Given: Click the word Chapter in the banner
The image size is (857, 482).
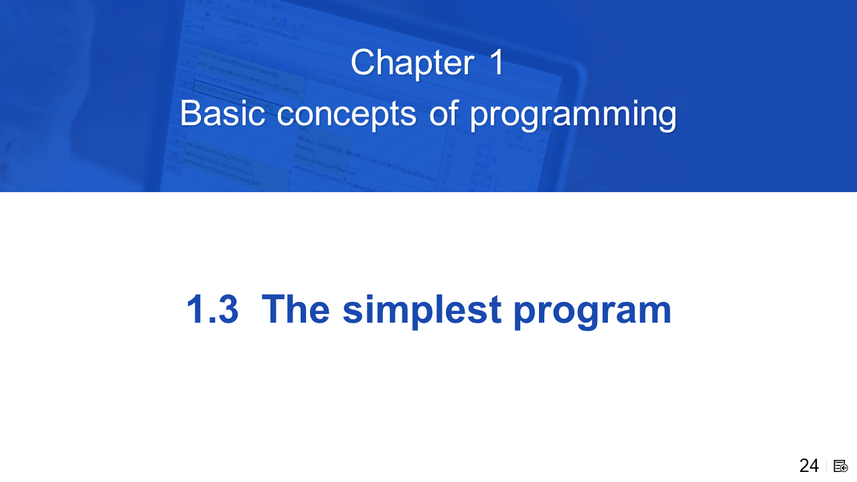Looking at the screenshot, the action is (x=412, y=63).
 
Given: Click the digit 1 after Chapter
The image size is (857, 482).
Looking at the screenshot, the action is (x=497, y=62).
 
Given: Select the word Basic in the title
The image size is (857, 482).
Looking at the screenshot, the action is (x=222, y=113).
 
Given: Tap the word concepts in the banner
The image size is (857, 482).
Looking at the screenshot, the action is (x=346, y=115).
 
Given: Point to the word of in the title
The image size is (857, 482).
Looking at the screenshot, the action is (x=443, y=112).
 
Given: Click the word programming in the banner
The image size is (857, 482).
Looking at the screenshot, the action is (x=573, y=115).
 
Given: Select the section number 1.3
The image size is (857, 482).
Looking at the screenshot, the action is (x=212, y=309).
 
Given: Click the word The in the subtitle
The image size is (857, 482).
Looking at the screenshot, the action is (x=295, y=309).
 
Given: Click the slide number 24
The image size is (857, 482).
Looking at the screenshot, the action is (x=809, y=466).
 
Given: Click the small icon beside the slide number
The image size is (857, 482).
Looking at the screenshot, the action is (x=840, y=467).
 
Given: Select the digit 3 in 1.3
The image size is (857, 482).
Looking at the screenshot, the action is (x=228, y=309).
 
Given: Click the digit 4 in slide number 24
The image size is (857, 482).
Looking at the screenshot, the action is (x=814, y=466).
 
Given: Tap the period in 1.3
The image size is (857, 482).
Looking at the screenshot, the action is (x=211, y=321).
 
